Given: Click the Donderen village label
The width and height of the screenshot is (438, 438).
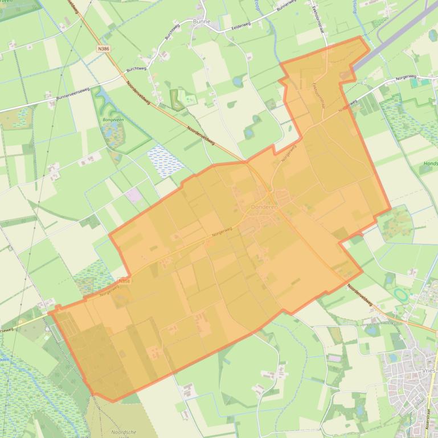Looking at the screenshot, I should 264,208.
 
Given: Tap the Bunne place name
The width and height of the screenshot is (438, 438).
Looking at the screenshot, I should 202,22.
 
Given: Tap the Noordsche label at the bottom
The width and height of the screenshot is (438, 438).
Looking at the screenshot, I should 124,432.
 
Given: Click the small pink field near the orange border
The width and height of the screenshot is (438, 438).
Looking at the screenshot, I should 134,196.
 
